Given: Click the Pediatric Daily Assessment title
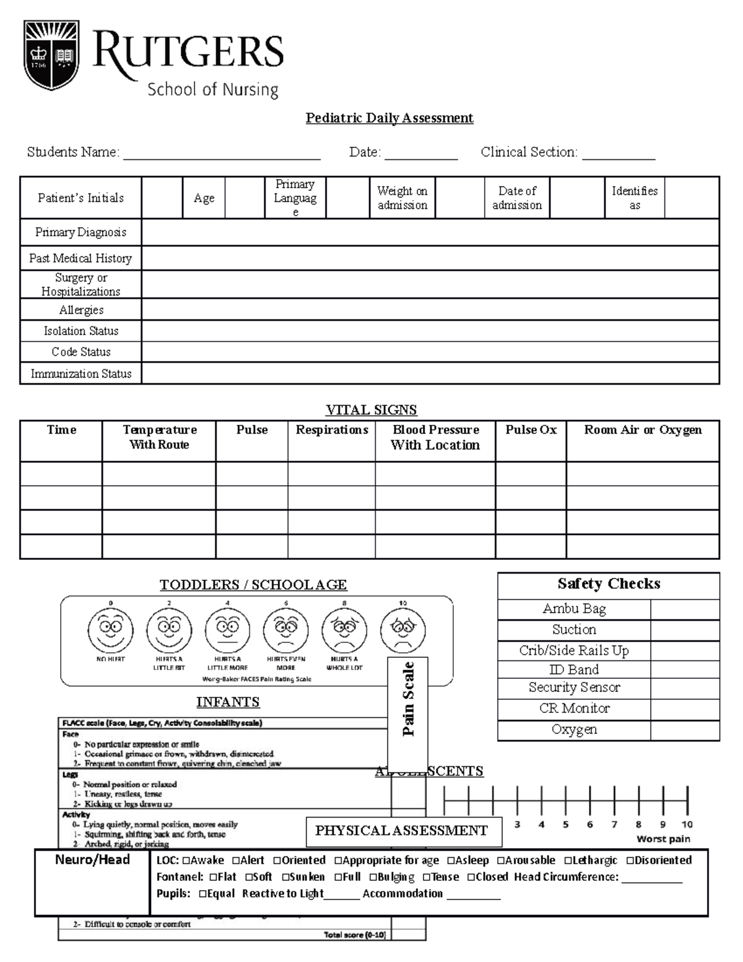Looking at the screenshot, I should click(389, 118).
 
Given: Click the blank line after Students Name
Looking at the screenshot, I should click(222, 154).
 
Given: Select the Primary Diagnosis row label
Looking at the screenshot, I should click(80, 232).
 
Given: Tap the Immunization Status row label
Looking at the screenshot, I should click(81, 374).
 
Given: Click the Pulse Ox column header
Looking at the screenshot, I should click(531, 430).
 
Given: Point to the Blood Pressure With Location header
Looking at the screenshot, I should click(435, 437).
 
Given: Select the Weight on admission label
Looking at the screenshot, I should click(402, 198).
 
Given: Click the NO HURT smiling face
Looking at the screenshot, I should click(110, 629).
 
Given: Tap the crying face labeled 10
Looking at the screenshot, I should click(403, 629).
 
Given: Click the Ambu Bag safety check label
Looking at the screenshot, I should click(574, 609).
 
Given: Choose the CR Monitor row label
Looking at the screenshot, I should click(574, 708).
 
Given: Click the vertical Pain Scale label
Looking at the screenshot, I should click(408, 699).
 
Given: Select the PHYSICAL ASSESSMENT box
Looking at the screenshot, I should click(401, 831).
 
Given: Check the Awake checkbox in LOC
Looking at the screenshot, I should click(186, 860).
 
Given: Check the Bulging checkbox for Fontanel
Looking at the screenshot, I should click(373, 877).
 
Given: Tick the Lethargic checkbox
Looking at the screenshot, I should click(568, 860).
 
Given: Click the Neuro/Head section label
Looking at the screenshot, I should click(92, 860).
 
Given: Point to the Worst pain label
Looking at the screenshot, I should click(663, 839).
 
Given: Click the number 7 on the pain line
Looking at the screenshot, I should click(614, 824).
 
